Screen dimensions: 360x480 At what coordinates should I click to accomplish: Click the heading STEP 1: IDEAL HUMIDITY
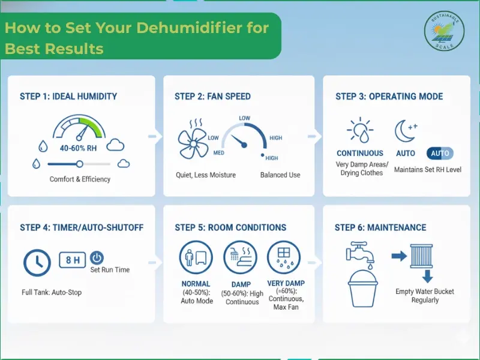tap(68, 96)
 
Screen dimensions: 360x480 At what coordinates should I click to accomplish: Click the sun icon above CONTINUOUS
tap(360, 131)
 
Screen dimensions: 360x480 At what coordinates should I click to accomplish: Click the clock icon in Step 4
tap(37, 262)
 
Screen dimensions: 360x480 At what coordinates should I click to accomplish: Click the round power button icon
tap(97, 258)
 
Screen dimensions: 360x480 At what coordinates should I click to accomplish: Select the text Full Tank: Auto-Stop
tap(52, 292)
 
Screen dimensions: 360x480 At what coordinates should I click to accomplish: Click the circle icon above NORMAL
tap(196, 259)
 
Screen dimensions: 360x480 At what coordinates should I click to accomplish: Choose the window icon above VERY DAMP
tap(284, 259)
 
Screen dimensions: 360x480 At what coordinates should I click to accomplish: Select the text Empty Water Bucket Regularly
tap(425, 296)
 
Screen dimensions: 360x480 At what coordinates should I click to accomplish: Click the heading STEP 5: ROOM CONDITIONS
tap(230, 227)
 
